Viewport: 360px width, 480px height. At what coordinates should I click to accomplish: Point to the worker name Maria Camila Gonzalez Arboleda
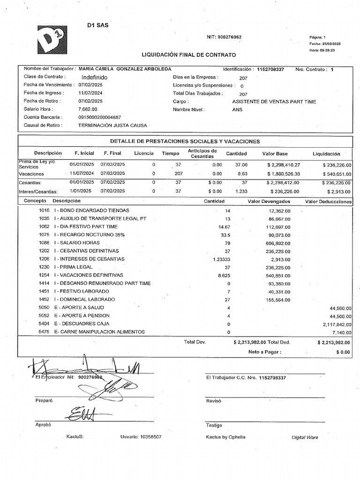(125, 69)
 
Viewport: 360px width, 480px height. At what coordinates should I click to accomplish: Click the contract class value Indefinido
(94, 77)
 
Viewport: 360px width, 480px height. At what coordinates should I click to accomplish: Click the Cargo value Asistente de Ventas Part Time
(274, 101)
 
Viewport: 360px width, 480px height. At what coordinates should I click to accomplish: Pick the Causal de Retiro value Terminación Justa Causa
(112, 126)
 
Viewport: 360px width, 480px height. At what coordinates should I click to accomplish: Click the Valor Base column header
(275, 154)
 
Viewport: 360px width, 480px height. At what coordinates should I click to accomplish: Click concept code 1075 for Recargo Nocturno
(44, 235)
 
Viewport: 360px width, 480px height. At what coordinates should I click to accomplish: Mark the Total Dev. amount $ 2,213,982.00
(249, 343)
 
